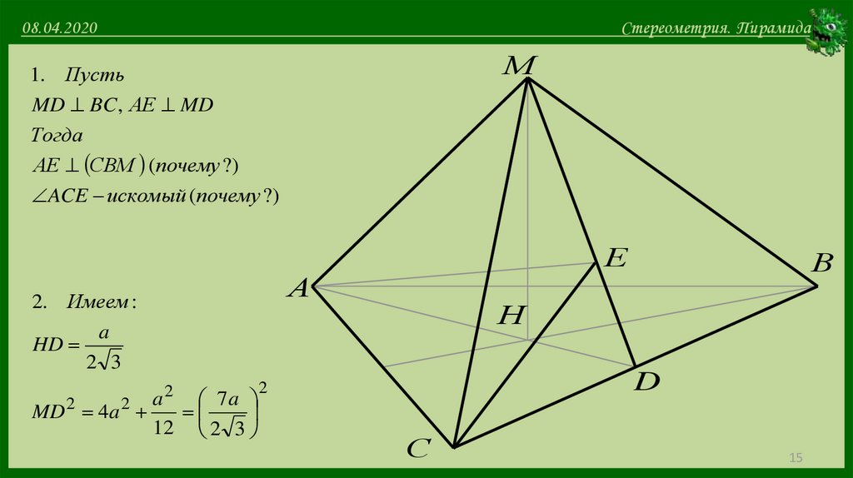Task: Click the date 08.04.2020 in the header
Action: [61, 29]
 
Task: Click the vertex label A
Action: [298, 289]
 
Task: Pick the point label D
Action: [646, 383]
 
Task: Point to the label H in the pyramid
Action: [512, 315]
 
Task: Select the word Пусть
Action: [94, 76]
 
